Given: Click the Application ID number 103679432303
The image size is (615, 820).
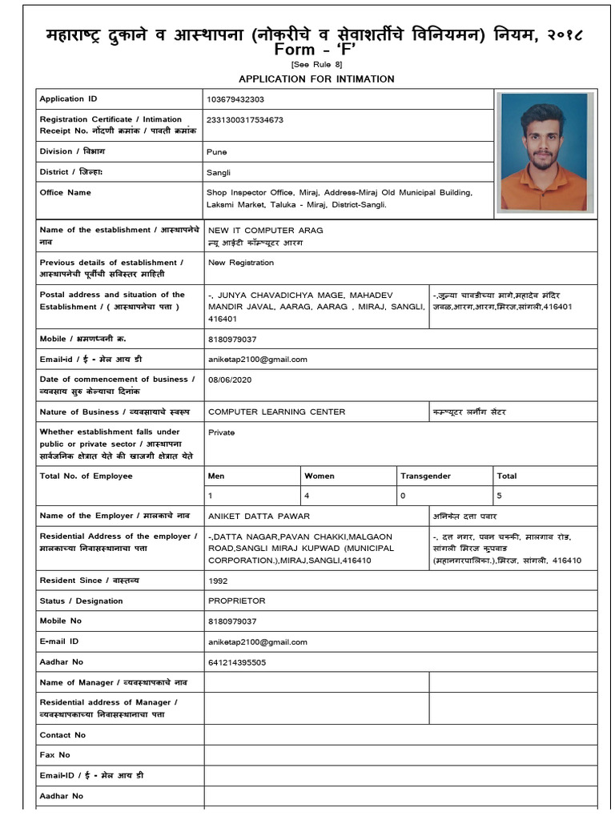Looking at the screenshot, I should point(235,99).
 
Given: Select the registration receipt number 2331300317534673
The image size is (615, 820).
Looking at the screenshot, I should point(245,120).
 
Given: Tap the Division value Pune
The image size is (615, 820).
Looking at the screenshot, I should point(217,151).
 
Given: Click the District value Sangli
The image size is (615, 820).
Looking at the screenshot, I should point(219,172).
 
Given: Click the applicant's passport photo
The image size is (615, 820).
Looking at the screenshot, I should point(544,152).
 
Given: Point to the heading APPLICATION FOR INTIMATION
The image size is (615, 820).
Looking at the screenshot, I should point(316,78).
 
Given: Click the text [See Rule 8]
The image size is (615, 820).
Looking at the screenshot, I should point(316,64).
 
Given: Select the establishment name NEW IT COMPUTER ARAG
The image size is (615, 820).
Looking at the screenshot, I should point(265,231).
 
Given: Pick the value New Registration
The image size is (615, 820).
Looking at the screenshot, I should point(241,263).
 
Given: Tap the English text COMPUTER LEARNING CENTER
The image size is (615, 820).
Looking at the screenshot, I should point(276,412).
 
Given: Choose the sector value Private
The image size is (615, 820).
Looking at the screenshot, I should point(221,432).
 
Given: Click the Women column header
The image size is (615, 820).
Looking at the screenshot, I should point(320,476).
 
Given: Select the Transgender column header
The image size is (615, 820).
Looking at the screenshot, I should point(425,476).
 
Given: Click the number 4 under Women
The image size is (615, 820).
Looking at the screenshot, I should point(307,496).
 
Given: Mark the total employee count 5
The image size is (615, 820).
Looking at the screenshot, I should point(500,496).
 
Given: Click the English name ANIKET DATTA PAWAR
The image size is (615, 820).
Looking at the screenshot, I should point(259,517).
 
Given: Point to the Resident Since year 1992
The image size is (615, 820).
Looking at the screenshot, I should point(218,581).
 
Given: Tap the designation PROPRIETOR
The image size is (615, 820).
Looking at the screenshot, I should point(236,601).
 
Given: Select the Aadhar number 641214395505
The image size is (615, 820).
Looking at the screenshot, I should point(237,662).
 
